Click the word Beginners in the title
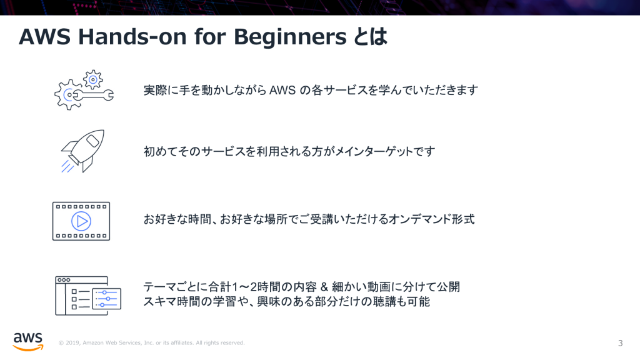click(290, 37)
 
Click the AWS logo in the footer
click(27, 342)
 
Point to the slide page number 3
click(620, 343)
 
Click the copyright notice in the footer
click(151, 343)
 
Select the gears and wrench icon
click(84, 90)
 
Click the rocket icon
click(83, 151)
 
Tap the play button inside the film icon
click(81, 221)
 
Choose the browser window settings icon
click(88, 296)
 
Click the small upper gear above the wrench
click(93, 79)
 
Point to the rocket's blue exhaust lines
click(67, 166)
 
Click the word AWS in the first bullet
click(282, 90)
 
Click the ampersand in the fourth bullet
click(324, 287)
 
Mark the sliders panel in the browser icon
click(107, 299)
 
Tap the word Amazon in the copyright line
click(93, 343)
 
